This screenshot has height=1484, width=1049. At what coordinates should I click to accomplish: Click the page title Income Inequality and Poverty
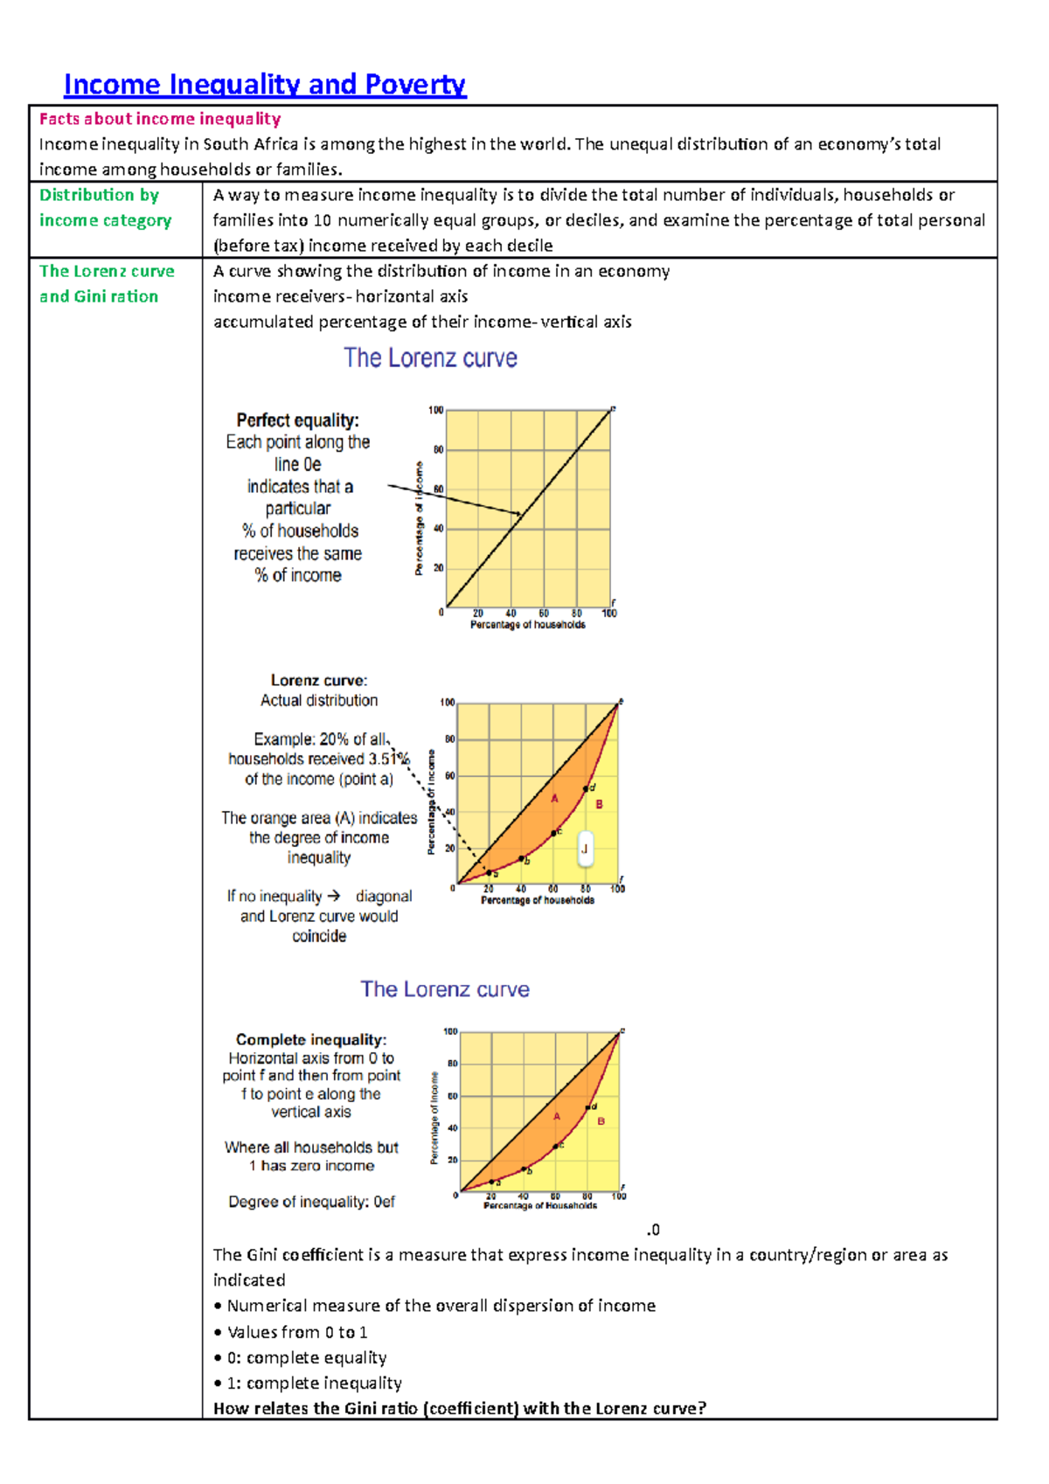(264, 85)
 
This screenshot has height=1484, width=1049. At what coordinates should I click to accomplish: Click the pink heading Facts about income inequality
(159, 119)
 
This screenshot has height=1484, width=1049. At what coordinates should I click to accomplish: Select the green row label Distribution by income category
(105, 208)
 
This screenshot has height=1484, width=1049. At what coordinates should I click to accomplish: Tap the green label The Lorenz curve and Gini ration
(106, 284)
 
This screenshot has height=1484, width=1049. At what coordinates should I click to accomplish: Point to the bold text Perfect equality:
(297, 420)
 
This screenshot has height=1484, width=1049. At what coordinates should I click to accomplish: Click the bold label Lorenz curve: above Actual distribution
(318, 680)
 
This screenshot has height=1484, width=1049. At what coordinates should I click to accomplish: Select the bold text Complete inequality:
(310, 1039)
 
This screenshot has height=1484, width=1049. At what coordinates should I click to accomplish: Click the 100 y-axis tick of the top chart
(435, 410)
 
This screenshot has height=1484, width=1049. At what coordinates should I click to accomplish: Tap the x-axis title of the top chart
(527, 625)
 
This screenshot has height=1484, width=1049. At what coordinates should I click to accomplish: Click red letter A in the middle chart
(554, 799)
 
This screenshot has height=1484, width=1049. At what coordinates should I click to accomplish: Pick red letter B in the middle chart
(599, 804)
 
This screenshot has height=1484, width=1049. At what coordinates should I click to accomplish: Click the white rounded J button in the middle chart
(585, 849)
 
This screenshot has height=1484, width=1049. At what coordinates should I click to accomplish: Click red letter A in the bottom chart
(557, 1116)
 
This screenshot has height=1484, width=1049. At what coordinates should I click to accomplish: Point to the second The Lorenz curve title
(444, 989)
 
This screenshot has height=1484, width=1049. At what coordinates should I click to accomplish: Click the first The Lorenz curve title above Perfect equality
(430, 358)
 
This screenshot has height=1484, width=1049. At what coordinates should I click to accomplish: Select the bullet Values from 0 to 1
(296, 1332)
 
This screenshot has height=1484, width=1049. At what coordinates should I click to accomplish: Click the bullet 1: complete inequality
(314, 1383)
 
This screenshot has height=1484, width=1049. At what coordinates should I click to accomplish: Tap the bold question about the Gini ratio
(459, 1408)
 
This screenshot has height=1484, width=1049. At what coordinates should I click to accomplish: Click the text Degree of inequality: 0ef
(311, 1202)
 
